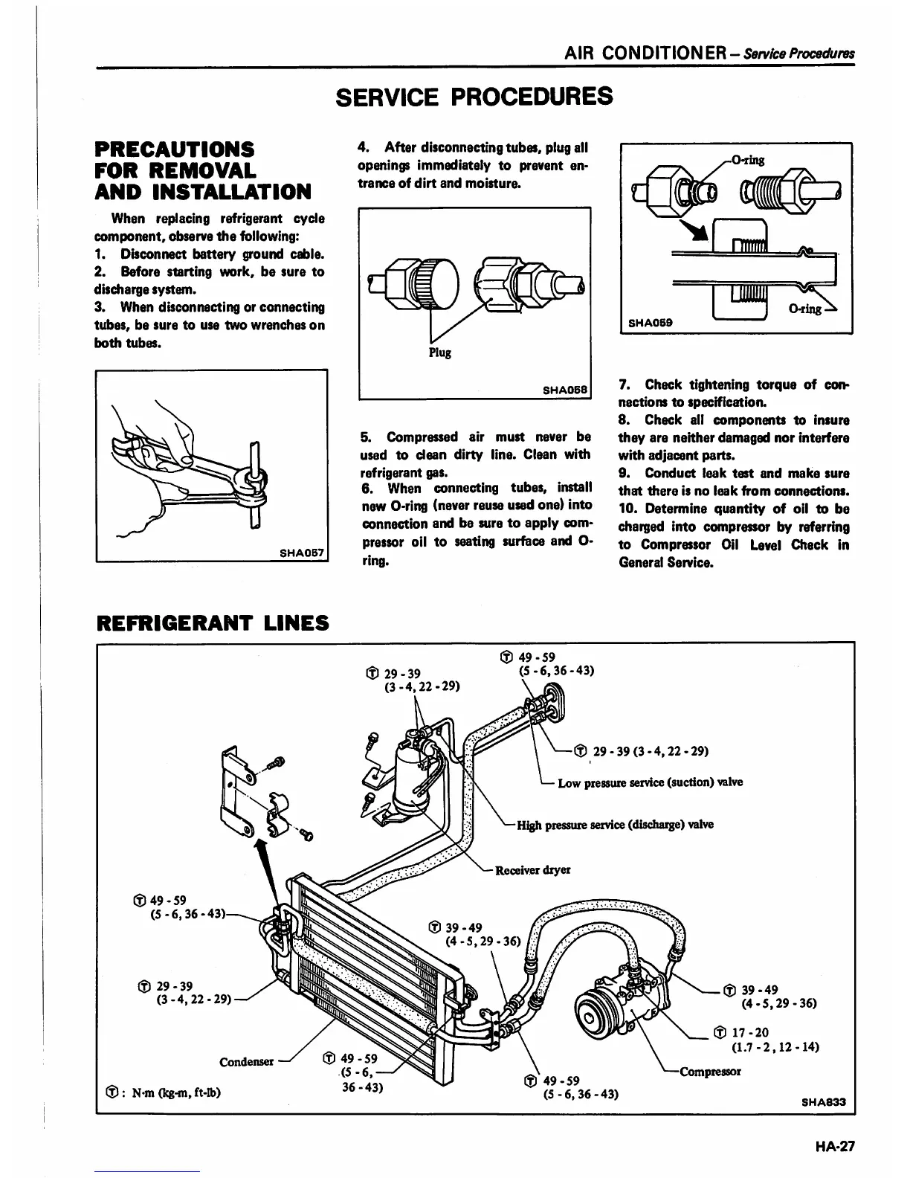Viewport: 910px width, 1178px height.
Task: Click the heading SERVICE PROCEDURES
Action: coord(475,96)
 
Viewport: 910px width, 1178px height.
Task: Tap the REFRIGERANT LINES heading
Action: coord(213,622)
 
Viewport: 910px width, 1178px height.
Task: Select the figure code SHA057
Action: coord(303,553)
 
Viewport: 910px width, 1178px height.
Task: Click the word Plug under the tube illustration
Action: coord(439,352)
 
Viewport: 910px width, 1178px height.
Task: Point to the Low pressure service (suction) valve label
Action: coord(650,782)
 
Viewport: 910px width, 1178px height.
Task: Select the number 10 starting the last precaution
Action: coord(628,509)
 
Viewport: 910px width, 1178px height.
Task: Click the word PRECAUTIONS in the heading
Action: coord(175,149)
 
